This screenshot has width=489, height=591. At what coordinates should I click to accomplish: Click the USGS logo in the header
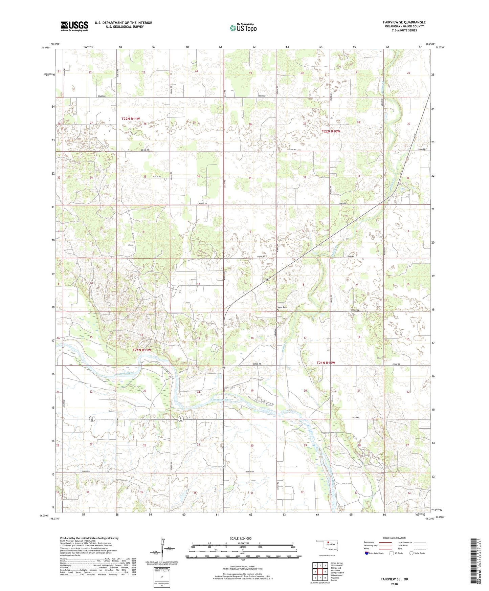[x=74, y=26]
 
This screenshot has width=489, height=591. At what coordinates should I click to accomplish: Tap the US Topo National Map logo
[x=243, y=28]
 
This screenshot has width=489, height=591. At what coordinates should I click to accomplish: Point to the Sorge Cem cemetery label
[x=283, y=307]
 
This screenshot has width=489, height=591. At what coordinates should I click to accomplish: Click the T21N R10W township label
[x=326, y=363]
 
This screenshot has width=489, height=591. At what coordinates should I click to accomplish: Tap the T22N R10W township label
[x=331, y=131]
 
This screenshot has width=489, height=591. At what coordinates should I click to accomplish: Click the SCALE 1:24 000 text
[x=241, y=538]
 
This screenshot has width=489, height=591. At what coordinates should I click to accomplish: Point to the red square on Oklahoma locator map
[x=328, y=545]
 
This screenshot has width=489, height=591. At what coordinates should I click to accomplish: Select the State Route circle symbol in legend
[x=412, y=553]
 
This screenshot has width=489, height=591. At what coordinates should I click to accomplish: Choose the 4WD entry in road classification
[x=401, y=549]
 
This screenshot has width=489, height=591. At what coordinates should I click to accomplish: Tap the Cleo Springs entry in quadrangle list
[x=337, y=563]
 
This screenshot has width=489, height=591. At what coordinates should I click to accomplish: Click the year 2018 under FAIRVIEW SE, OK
[x=394, y=584]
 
